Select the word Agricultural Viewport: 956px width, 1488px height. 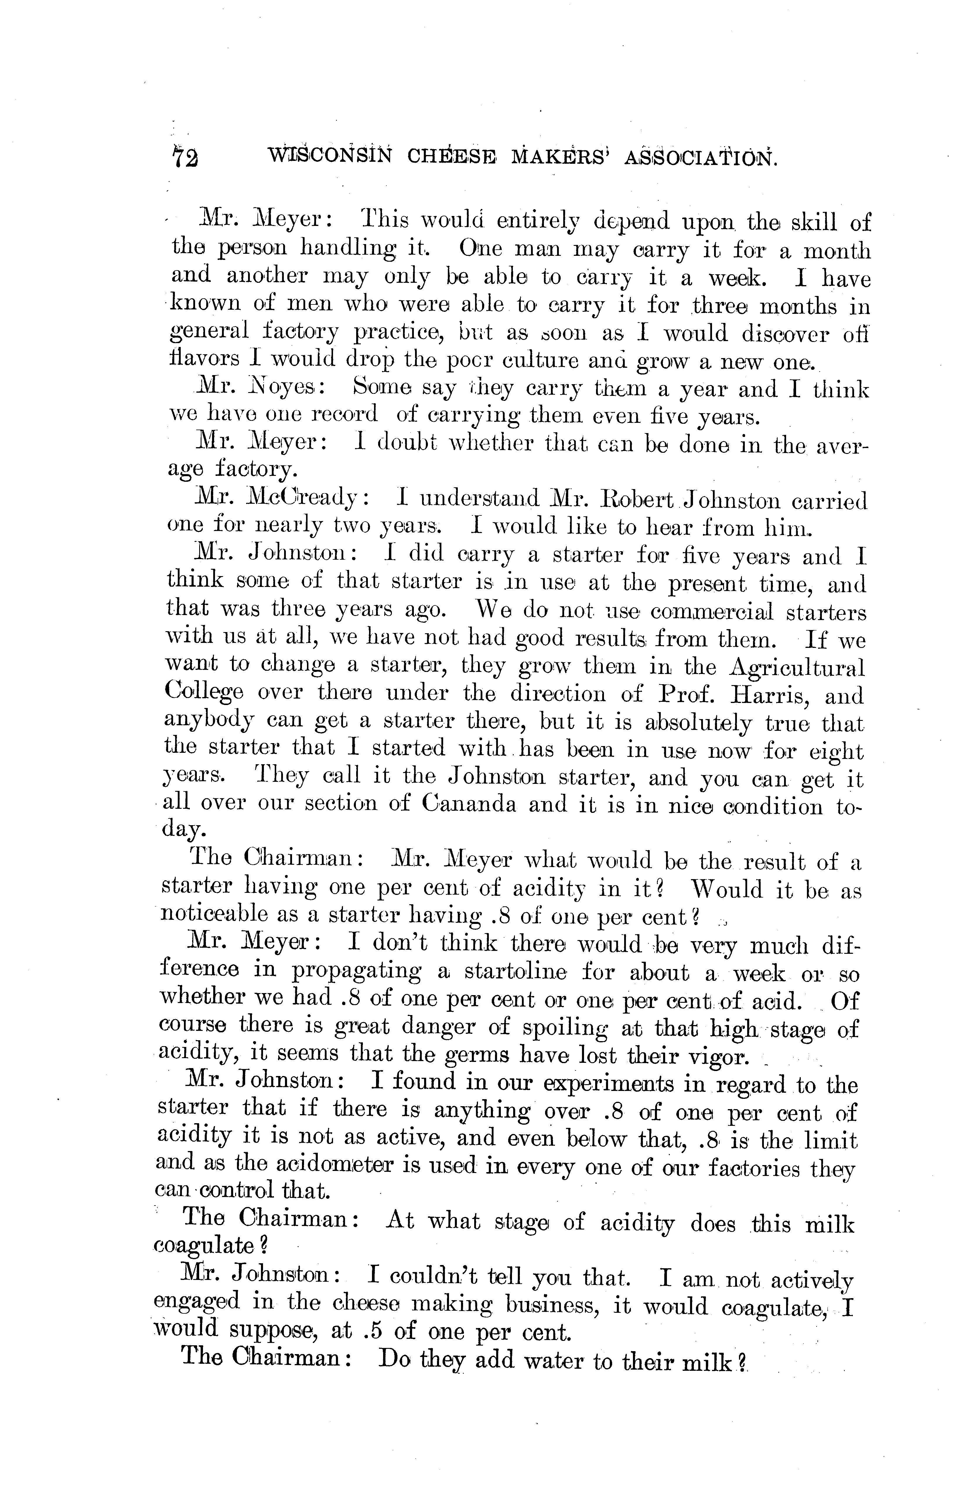[x=796, y=667]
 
